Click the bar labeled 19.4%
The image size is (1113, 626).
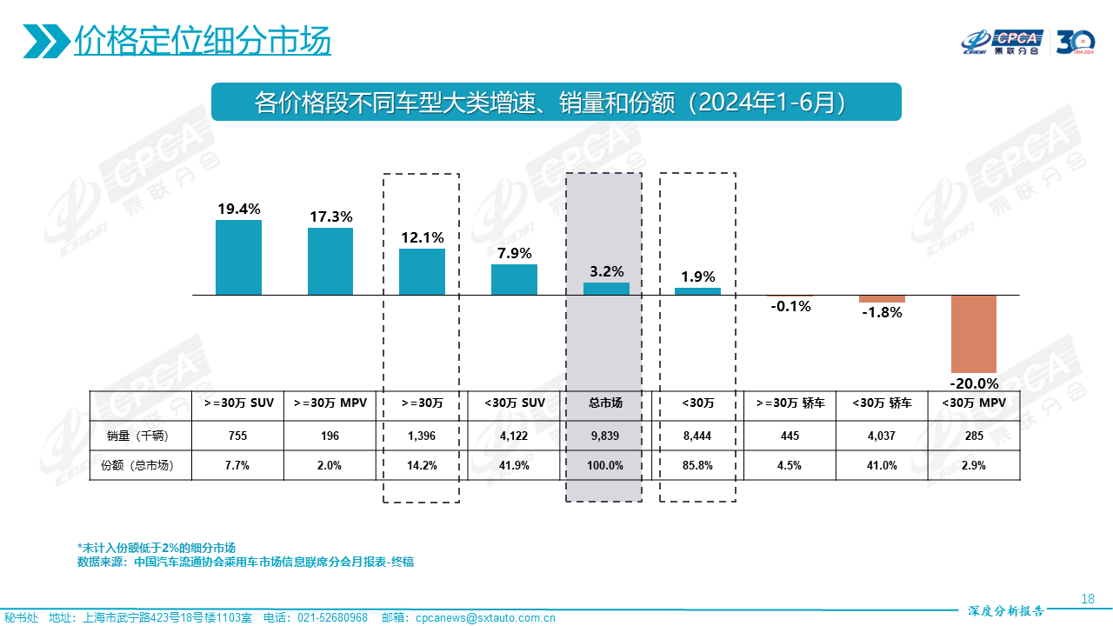click(x=238, y=257)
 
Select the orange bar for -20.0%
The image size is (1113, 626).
click(x=973, y=334)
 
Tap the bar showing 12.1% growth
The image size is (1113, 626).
click(x=422, y=272)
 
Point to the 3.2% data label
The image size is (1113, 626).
click(x=606, y=271)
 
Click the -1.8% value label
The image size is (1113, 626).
click(x=882, y=313)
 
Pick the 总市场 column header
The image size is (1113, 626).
click(x=605, y=403)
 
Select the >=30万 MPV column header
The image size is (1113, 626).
click(x=330, y=403)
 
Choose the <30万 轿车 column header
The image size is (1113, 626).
click(x=882, y=403)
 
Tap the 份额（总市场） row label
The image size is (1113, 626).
click(x=138, y=465)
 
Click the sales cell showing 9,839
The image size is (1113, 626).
click(x=605, y=435)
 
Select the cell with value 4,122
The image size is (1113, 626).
click(x=513, y=435)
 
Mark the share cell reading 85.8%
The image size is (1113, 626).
click(x=697, y=465)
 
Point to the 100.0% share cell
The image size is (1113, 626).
click(x=605, y=465)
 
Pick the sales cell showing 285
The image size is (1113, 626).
click(x=974, y=435)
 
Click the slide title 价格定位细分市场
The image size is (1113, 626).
click(x=202, y=41)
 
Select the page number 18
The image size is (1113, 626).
click(x=1087, y=598)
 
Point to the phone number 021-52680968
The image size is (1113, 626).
click(x=332, y=618)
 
